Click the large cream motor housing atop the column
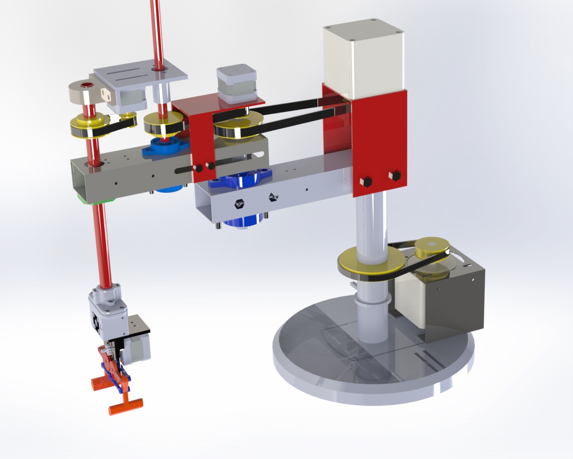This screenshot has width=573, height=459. (x=363, y=57)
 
